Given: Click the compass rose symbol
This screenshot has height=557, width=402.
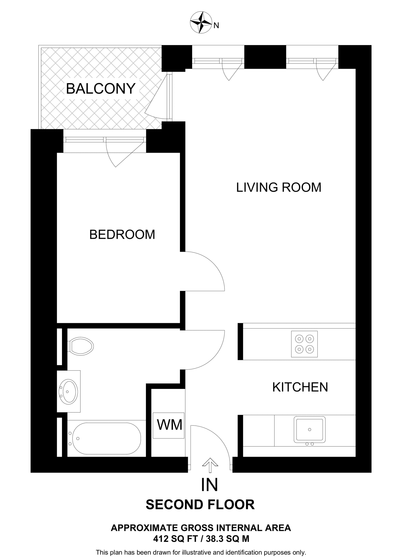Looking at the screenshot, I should pos(201,22).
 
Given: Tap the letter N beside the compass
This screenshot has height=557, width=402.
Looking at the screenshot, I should pos(216,26).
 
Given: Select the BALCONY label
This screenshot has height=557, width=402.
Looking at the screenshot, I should pos(101,89).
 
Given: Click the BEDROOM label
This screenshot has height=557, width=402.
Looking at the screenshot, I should pos(122,234).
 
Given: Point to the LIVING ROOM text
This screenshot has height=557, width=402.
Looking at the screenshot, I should pos(279,187).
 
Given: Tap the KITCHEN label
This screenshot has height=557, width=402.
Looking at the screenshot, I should pos(300,387).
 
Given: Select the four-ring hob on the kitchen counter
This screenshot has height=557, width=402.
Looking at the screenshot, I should pos(304,344).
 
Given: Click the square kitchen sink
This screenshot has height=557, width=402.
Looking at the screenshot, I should pos(309,429).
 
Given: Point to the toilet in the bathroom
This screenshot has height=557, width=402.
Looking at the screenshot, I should pos(81,346).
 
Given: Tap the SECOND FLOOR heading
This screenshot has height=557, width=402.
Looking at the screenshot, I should pos(200,505).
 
